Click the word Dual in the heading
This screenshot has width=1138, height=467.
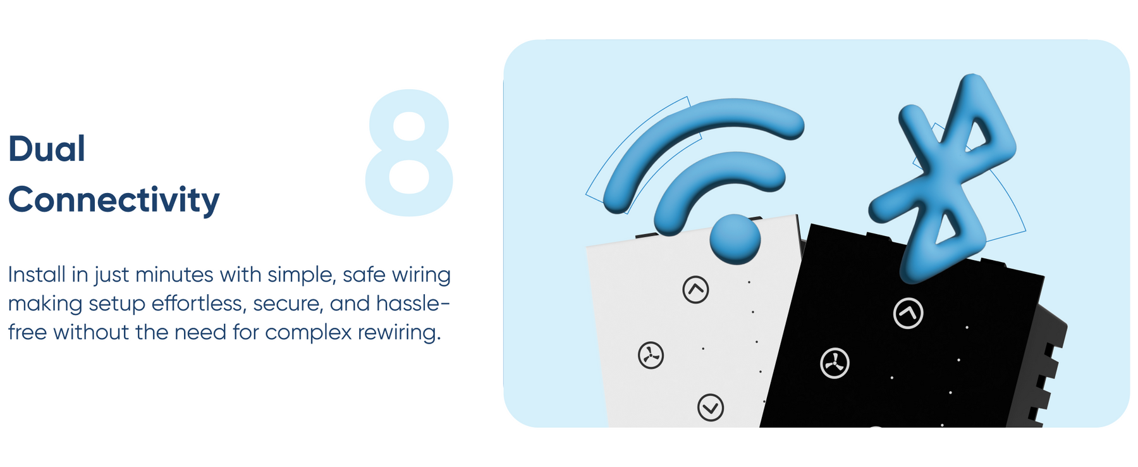click(47, 149)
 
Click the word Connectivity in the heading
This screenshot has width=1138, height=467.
click(114, 199)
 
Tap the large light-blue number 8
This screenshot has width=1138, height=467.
click(409, 153)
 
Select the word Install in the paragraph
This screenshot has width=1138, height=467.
click(37, 275)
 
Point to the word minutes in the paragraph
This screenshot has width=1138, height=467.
click(174, 275)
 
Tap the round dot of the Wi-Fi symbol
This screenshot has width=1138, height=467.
click(735, 239)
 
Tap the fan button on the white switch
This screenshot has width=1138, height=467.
click(651, 356)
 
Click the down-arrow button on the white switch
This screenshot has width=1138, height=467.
click(711, 408)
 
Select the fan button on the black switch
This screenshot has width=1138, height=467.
click(835, 363)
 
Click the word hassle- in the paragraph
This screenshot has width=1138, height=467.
click(413, 304)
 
